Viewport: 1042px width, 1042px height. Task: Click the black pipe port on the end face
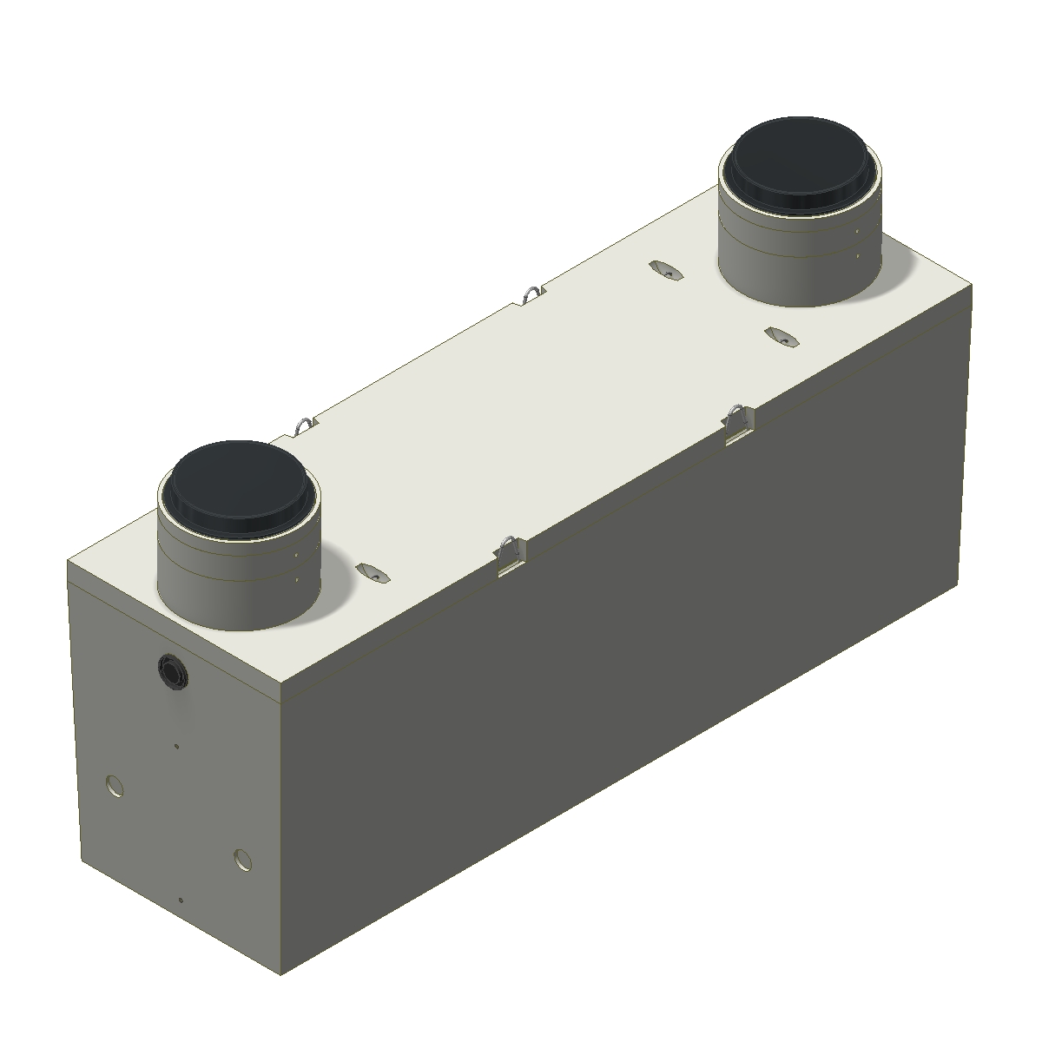(x=171, y=670)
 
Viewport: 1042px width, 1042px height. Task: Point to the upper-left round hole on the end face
(x=113, y=787)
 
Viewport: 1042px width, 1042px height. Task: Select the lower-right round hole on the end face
(x=243, y=860)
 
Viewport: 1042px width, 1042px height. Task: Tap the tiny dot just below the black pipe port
(x=177, y=745)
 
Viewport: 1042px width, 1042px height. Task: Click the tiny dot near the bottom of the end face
(x=180, y=900)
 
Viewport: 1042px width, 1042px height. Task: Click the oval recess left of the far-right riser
(x=669, y=271)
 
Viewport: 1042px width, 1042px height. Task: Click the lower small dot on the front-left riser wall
(x=296, y=580)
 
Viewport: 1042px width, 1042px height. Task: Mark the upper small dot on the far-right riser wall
(x=857, y=234)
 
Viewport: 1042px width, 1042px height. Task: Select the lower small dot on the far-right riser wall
(x=857, y=256)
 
